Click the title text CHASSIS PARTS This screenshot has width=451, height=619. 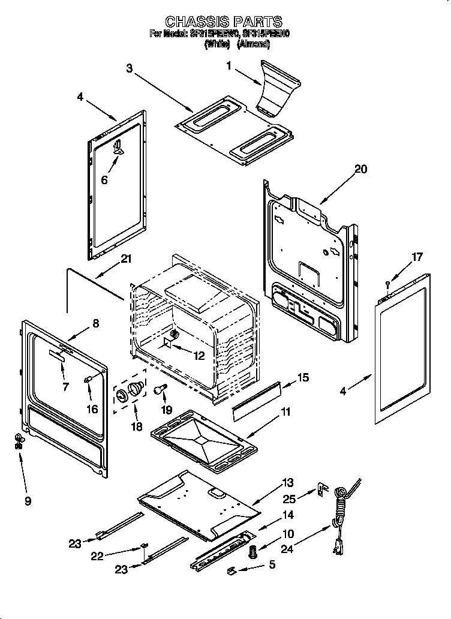(223, 23)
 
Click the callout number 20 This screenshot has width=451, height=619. (360, 169)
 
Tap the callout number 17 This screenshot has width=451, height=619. (417, 257)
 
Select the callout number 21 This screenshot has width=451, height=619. (125, 259)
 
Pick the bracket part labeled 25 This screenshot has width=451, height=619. (323, 491)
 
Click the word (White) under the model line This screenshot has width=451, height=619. (217, 44)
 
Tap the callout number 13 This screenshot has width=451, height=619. (288, 482)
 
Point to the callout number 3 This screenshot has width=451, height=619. (129, 68)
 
